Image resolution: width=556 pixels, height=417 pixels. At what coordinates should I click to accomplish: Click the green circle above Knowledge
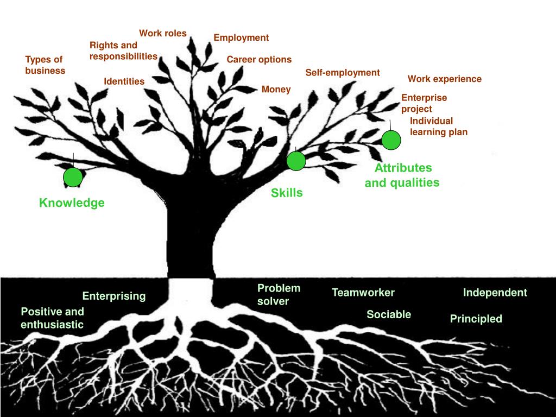pyautogui.click(x=73, y=178)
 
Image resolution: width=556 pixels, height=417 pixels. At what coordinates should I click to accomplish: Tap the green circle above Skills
pyautogui.click(x=296, y=161)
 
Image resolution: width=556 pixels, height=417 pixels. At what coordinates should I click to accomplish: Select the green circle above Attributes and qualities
pyautogui.click(x=391, y=140)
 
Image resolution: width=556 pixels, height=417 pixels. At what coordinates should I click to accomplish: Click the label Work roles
pyautogui.click(x=163, y=34)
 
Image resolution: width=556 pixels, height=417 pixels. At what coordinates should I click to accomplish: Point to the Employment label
pyautogui.click(x=241, y=38)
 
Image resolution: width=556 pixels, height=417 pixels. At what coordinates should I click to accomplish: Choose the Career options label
pyautogui.click(x=259, y=60)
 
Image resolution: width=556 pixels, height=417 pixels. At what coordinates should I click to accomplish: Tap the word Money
pyautogui.click(x=276, y=90)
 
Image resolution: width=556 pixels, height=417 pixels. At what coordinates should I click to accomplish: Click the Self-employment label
pyautogui.click(x=343, y=73)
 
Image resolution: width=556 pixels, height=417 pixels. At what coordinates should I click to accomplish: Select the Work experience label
pyautogui.click(x=445, y=79)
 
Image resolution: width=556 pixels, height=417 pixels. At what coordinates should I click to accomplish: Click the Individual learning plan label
pyautogui.click(x=438, y=127)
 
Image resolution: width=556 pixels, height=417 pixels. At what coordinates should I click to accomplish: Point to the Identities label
pyautogui.click(x=124, y=82)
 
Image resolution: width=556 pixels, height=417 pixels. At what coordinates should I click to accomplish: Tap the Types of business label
pyautogui.click(x=45, y=65)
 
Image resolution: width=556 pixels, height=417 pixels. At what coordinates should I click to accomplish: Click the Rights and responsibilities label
pyautogui.click(x=123, y=50)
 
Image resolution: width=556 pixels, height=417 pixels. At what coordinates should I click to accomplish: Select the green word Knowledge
pyautogui.click(x=72, y=203)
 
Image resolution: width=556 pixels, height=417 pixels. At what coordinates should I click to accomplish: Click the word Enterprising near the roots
pyautogui.click(x=114, y=296)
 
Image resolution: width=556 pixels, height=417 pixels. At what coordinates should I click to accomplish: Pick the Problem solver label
pyautogui.click(x=279, y=294)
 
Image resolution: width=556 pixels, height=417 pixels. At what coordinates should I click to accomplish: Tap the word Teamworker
pyautogui.click(x=363, y=293)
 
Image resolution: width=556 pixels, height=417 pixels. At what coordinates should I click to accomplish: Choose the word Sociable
pyautogui.click(x=389, y=314)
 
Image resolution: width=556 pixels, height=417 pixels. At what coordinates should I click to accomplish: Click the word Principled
pyautogui.click(x=476, y=319)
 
